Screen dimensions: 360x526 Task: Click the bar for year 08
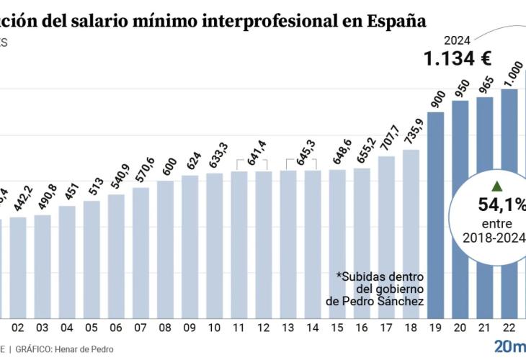[x=165, y=248]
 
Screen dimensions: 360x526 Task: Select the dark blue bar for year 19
[x=436, y=216]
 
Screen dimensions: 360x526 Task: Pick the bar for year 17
[x=386, y=238]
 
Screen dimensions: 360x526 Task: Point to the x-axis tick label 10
[x=214, y=328]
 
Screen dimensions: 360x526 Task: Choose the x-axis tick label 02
[x=18, y=328]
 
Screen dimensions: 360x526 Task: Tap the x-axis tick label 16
[x=362, y=328]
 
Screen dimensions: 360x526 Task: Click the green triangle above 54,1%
[x=497, y=186]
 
